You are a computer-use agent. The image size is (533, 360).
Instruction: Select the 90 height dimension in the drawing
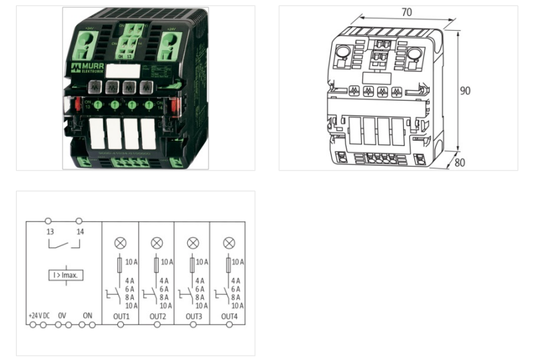(x=464, y=90)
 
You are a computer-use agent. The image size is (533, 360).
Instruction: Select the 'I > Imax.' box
(x=65, y=275)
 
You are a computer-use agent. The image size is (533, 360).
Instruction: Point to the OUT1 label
(x=121, y=315)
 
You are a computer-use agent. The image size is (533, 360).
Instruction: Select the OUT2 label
(x=157, y=315)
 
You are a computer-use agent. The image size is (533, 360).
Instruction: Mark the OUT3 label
(x=193, y=315)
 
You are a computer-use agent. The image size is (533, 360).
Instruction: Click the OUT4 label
(x=229, y=315)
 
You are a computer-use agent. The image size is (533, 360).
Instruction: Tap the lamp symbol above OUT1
(x=121, y=243)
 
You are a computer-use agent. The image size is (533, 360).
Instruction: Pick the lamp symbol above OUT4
(x=229, y=243)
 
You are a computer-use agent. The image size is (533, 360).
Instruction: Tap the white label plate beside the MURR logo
(x=124, y=71)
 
